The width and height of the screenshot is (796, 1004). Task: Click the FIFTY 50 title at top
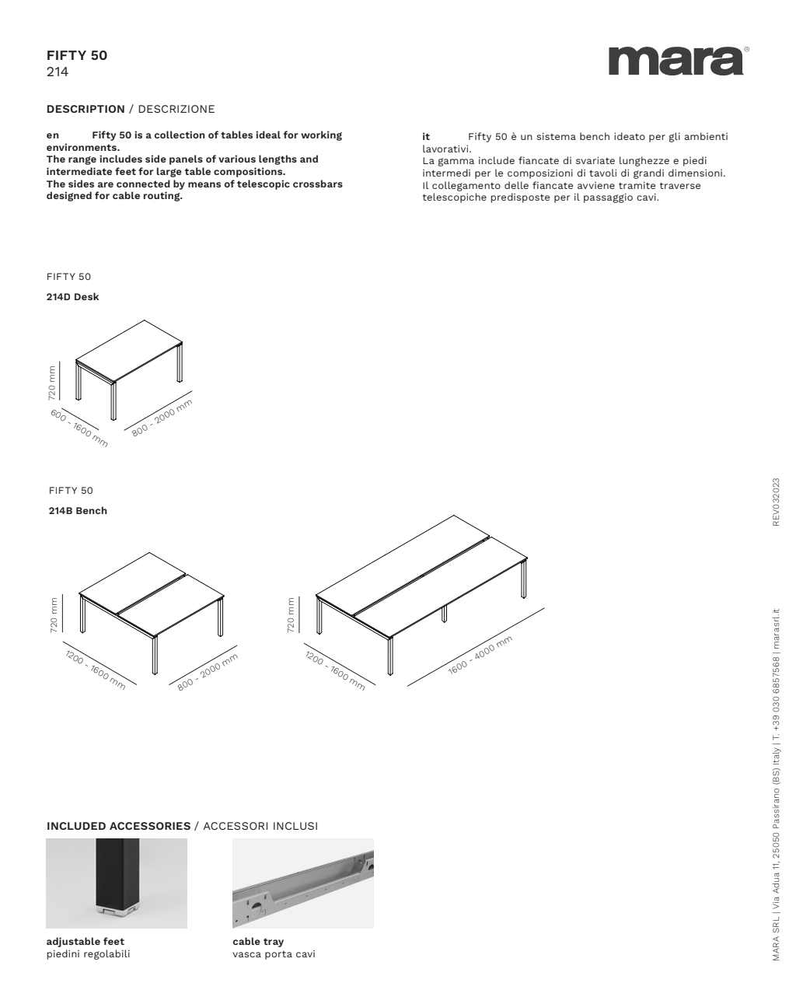(77, 55)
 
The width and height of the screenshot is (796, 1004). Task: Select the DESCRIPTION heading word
(86, 109)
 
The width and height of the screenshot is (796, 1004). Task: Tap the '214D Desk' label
(73, 297)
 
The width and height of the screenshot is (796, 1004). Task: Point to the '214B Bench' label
(78, 511)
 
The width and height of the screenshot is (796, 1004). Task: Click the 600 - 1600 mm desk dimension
(79, 427)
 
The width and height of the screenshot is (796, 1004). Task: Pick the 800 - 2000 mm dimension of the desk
(162, 418)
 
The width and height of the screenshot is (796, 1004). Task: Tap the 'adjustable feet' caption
(86, 942)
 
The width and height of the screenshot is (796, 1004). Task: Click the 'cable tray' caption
(258, 942)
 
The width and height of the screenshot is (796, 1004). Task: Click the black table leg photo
(117, 883)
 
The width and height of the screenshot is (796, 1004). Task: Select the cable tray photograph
(303, 883)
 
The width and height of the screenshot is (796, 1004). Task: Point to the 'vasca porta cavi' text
(274, 954)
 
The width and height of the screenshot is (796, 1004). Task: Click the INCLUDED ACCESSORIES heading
(118, 826)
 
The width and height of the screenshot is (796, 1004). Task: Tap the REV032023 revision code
(776, 502)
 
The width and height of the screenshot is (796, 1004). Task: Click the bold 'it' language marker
(426, 137)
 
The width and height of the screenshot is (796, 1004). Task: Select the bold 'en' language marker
(53, 135)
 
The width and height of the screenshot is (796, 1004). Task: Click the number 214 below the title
(58, 72)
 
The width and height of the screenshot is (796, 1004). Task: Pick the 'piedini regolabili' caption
(89, 954)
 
